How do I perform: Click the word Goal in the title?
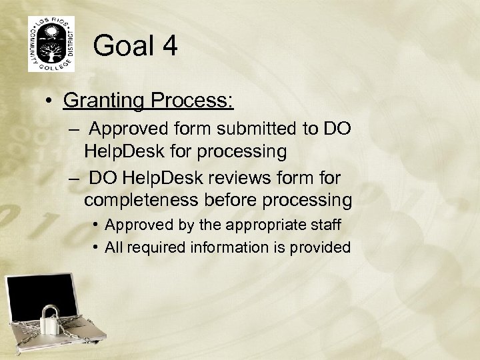coord(123,47)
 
